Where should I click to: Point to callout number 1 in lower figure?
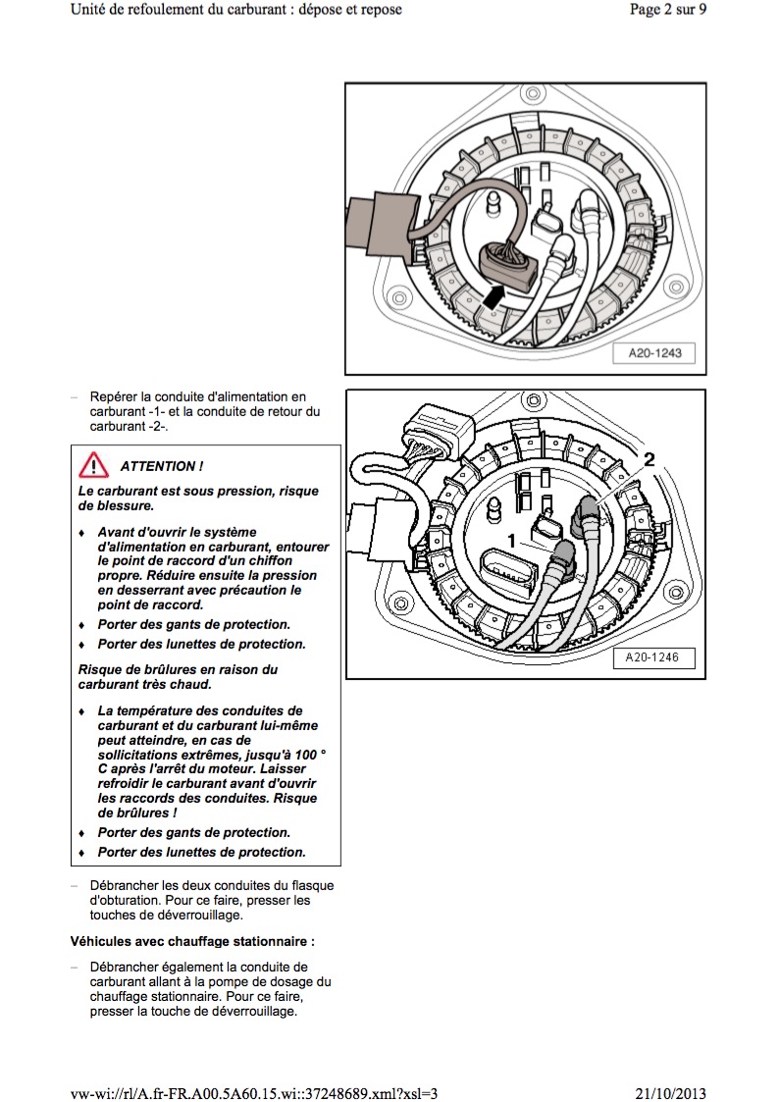tap(511, 540)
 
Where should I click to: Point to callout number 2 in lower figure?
tap(648, 458)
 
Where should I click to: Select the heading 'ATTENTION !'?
tap(162, 466)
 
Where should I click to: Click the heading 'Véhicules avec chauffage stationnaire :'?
tap(192, 941)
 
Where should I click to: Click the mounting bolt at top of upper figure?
tap(531, 95)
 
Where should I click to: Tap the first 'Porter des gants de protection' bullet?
tap(192, 624)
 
